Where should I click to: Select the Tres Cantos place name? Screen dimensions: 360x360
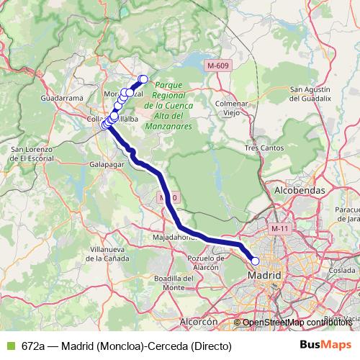261,148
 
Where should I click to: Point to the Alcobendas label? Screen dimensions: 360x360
300,190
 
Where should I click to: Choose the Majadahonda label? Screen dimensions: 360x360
174,236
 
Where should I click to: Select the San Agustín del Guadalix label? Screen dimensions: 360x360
310,94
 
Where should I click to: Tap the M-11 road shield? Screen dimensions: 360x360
279,229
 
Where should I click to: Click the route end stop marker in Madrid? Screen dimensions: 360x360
255,261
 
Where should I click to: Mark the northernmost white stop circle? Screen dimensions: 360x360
143,79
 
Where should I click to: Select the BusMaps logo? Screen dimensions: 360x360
325,345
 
